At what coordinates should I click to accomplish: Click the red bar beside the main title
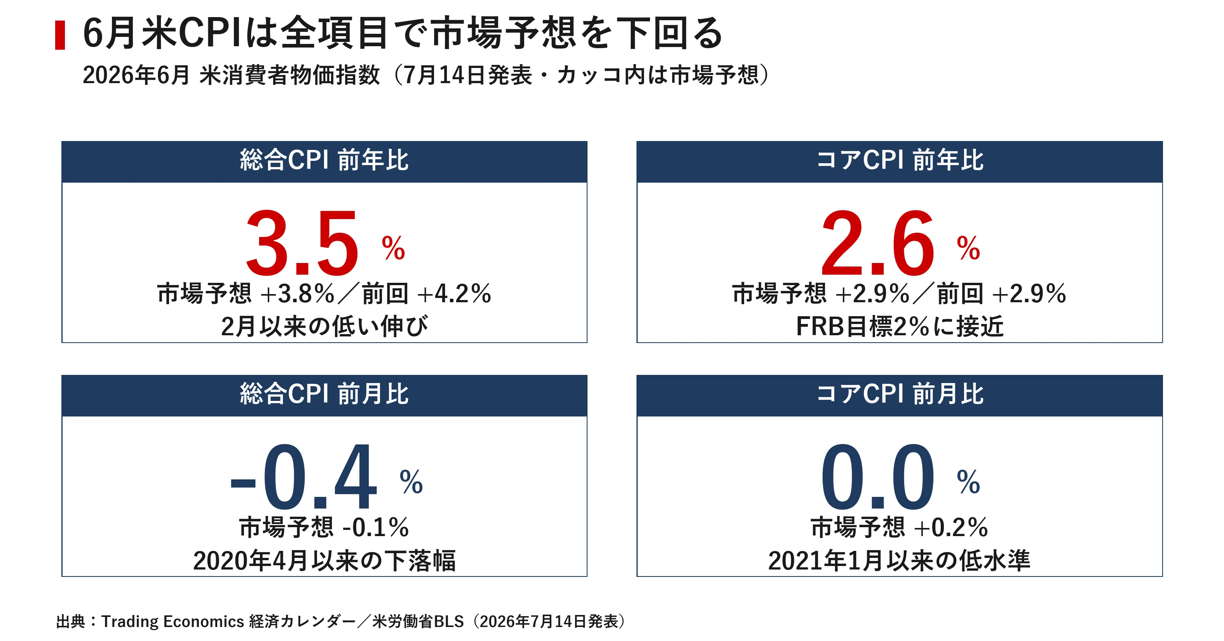pos(60,35)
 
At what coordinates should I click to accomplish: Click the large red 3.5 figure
pos(302,243)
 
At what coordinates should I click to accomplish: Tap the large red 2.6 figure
pos(877,243)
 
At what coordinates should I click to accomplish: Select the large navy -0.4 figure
pos(304,476)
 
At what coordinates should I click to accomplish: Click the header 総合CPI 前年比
pos(324,160)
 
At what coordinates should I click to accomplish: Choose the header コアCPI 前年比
pos(900,160)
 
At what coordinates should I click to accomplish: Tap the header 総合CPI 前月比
pos(324,394)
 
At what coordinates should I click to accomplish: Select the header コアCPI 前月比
pos(900,394)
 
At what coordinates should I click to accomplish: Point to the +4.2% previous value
pos(454,294)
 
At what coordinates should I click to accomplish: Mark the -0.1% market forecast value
pos(375,528)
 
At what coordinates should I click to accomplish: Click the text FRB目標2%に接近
pos(900,326)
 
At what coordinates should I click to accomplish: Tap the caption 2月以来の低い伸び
pos(324,326)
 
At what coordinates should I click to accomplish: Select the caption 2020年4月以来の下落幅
pos(324,561)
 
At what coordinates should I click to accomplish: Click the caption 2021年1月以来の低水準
pos(899,561)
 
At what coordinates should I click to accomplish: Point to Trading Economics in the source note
pos(173,622)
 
